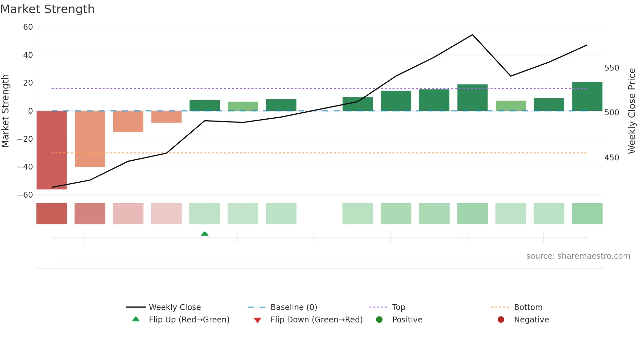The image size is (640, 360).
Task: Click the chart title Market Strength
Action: click(47, 9)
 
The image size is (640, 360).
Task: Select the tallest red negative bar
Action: click(52, 150)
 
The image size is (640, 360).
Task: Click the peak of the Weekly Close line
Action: click(472, 35)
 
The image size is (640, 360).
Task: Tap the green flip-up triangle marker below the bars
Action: click(205, 234)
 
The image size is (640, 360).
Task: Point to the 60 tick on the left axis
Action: click(28, 27)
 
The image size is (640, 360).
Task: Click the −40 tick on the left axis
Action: click(25, 167)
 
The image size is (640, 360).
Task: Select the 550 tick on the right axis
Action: click(612, 68)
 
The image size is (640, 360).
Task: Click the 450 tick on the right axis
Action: click(612, 158)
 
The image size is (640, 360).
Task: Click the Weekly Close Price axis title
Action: click(632, 111)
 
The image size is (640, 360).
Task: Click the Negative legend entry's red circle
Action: click(501, 320)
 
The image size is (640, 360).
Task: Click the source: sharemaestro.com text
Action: click(578, 256)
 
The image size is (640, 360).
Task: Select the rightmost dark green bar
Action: click(587, 96)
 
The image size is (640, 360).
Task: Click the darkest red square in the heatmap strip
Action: click(52, 214)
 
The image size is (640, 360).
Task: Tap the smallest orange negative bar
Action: click(166, 117)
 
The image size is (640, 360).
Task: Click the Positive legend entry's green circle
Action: click(379, 320)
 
